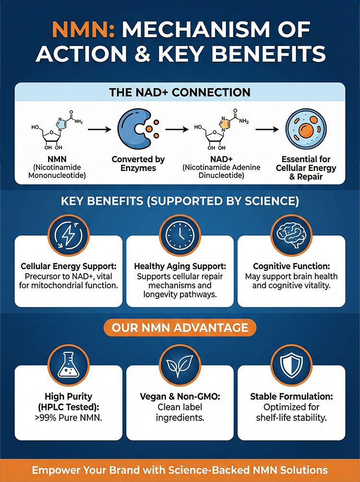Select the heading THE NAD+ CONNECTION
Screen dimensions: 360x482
[180, 92]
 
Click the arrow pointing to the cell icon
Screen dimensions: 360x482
[267, 130]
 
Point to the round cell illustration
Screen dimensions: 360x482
[306, 130]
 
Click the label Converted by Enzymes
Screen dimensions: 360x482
[138, 164]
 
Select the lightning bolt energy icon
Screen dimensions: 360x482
[68, 235]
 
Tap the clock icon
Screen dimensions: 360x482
[180, 235]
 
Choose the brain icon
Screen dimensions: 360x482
[291, 235]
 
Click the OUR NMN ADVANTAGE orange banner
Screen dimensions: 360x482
[180, 327]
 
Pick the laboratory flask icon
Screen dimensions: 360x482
[68, 365]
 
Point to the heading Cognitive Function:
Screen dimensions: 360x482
[291, 266]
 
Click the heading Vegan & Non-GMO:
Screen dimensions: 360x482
[180, 397]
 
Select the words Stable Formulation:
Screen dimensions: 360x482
[291, 397]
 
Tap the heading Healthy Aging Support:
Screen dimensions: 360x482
[180, 266]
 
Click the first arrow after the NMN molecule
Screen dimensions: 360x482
[99, 130]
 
